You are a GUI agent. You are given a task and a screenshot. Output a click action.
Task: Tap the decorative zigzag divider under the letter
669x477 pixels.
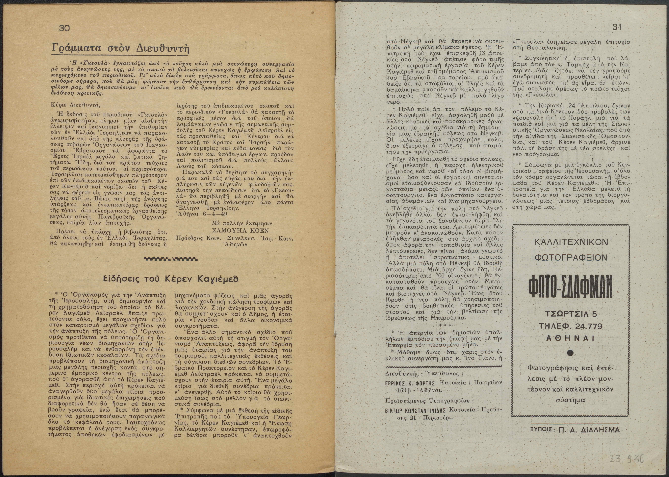point(171,258)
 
